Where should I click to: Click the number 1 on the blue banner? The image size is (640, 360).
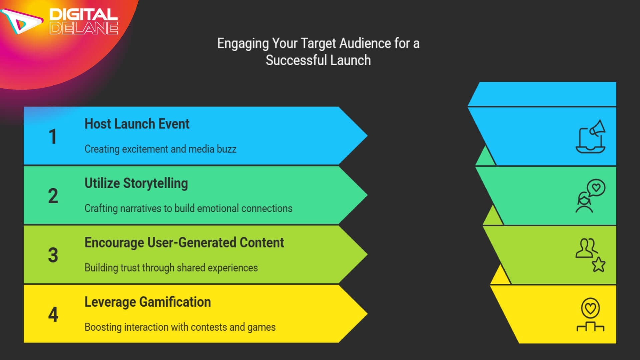53,137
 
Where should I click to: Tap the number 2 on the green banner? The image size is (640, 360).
53,196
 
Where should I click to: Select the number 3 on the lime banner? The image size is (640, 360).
53,255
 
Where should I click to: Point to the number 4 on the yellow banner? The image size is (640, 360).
53,315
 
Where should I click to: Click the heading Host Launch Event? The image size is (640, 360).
137,124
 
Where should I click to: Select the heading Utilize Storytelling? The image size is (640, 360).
136,183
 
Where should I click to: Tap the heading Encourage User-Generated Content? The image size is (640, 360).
184,243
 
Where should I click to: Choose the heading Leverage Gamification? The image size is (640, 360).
147,302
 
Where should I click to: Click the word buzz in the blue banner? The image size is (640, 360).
226,149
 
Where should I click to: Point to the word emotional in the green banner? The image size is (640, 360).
218,208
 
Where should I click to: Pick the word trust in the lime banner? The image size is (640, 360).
131,268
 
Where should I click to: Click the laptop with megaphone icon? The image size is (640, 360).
591,137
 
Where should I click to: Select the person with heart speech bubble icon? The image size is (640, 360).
590,196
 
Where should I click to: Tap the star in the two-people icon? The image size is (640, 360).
599,265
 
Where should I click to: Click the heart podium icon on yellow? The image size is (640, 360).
590,315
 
